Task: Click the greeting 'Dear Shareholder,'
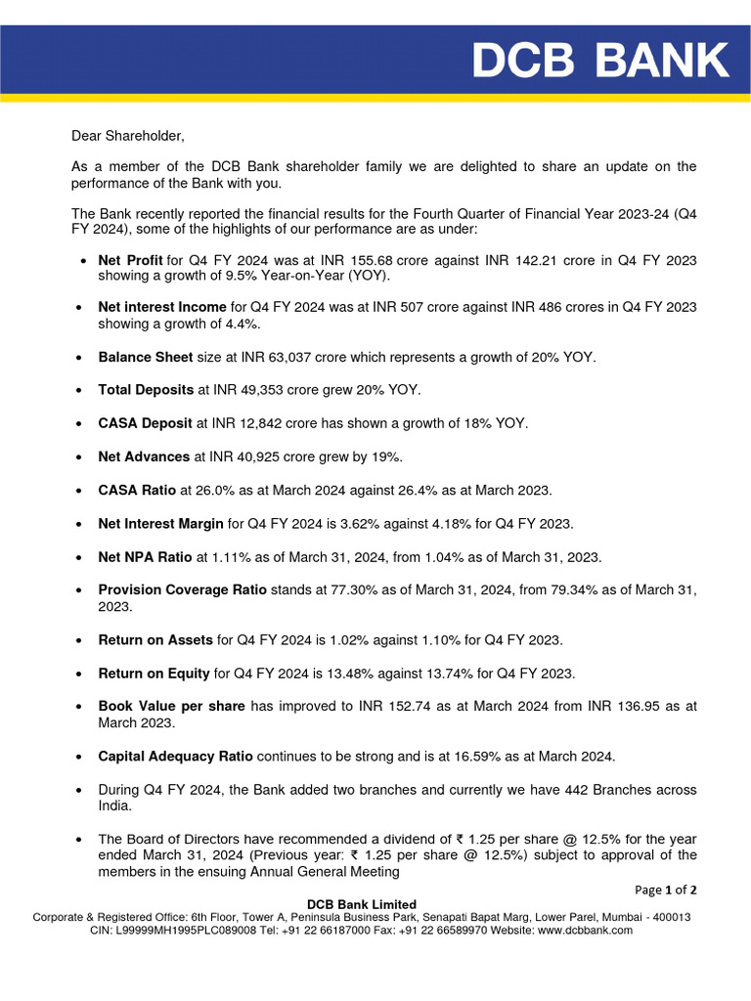127,136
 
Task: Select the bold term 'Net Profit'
131,261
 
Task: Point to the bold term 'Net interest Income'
162,307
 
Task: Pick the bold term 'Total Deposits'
146,390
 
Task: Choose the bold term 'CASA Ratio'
137,490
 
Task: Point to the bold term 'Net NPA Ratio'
146,557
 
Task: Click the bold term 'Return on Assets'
155,640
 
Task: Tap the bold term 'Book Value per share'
171,706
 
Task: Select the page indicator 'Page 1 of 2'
666,890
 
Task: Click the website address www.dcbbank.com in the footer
584,931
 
